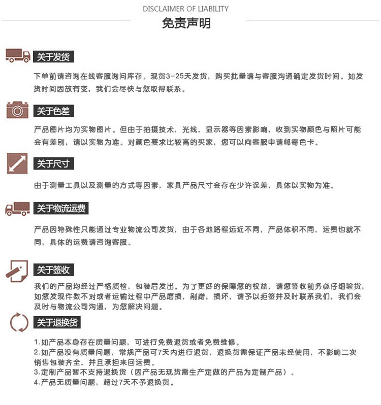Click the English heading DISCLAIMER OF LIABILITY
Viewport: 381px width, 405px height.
pos(185,9)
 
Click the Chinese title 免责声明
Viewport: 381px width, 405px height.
pos(186,23)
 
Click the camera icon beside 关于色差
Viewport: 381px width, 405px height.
pos(17,110)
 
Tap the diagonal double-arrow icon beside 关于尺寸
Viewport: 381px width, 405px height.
pos(17,163)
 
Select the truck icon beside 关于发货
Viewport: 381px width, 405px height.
pos(18,56)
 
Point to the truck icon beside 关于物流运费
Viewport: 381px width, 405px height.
pos(18,209)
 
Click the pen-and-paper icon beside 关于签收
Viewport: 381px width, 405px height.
pos(17,271)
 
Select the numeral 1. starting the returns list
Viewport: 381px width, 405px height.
pos(37,342)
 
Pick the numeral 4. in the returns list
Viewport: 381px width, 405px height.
pos(37,383)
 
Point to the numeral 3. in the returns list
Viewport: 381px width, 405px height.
pos(37,373)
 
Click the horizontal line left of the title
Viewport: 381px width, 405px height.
pos(66,20)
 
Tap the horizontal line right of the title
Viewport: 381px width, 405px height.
pos(312,20)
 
